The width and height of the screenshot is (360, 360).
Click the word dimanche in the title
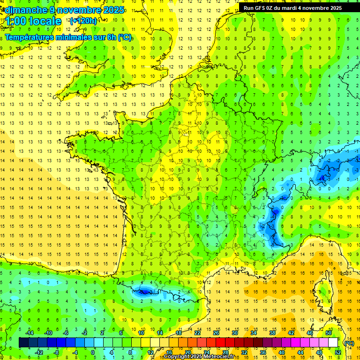pos(26,10)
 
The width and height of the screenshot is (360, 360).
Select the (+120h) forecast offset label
pos(83,21)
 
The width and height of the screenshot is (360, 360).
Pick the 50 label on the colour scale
pos(329,333)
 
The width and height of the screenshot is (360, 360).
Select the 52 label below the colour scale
pos(337,352)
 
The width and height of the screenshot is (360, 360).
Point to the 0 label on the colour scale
pos(92,352)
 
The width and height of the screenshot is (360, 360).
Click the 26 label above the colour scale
pos(216,333)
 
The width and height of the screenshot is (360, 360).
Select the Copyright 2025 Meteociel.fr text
pos(199,357)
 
